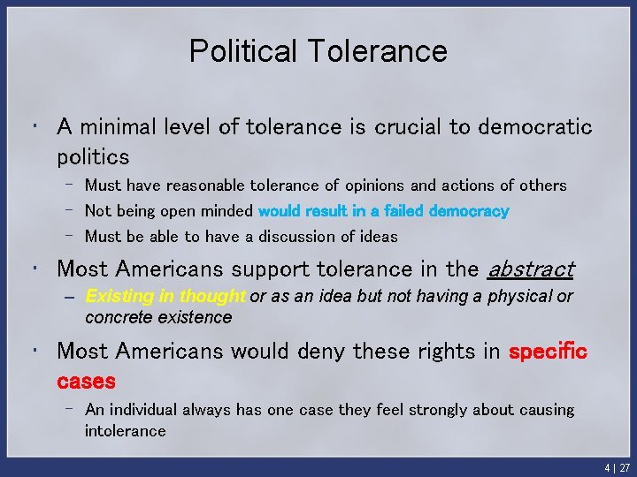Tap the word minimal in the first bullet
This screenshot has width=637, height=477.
[120, 127]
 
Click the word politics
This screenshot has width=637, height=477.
[93, 157]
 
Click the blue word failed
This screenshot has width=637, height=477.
[402, 211]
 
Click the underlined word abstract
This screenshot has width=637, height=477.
[531, 269]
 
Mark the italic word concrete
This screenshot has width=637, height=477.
[114, 317]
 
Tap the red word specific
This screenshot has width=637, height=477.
[548, 351]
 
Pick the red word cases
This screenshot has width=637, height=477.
[86, 381]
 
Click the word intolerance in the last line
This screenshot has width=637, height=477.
[125, 431]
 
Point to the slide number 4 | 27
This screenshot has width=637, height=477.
[617, 467]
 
